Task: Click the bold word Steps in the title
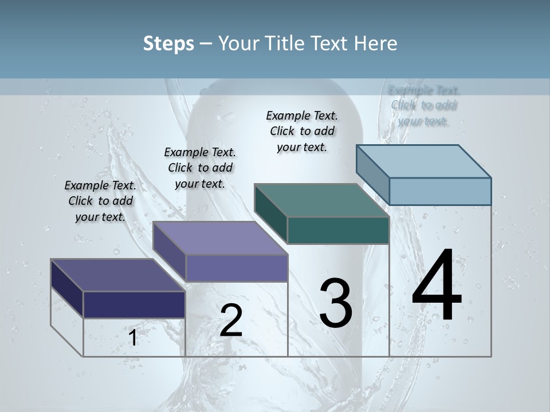168,43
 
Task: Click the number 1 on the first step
133,338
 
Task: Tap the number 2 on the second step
231,320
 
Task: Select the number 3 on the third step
335,303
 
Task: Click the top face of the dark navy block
117,275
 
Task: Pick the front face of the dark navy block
134,304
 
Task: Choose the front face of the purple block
236,268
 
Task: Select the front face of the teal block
338,230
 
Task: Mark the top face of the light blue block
423,161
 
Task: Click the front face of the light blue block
440,191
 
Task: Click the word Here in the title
376,43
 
